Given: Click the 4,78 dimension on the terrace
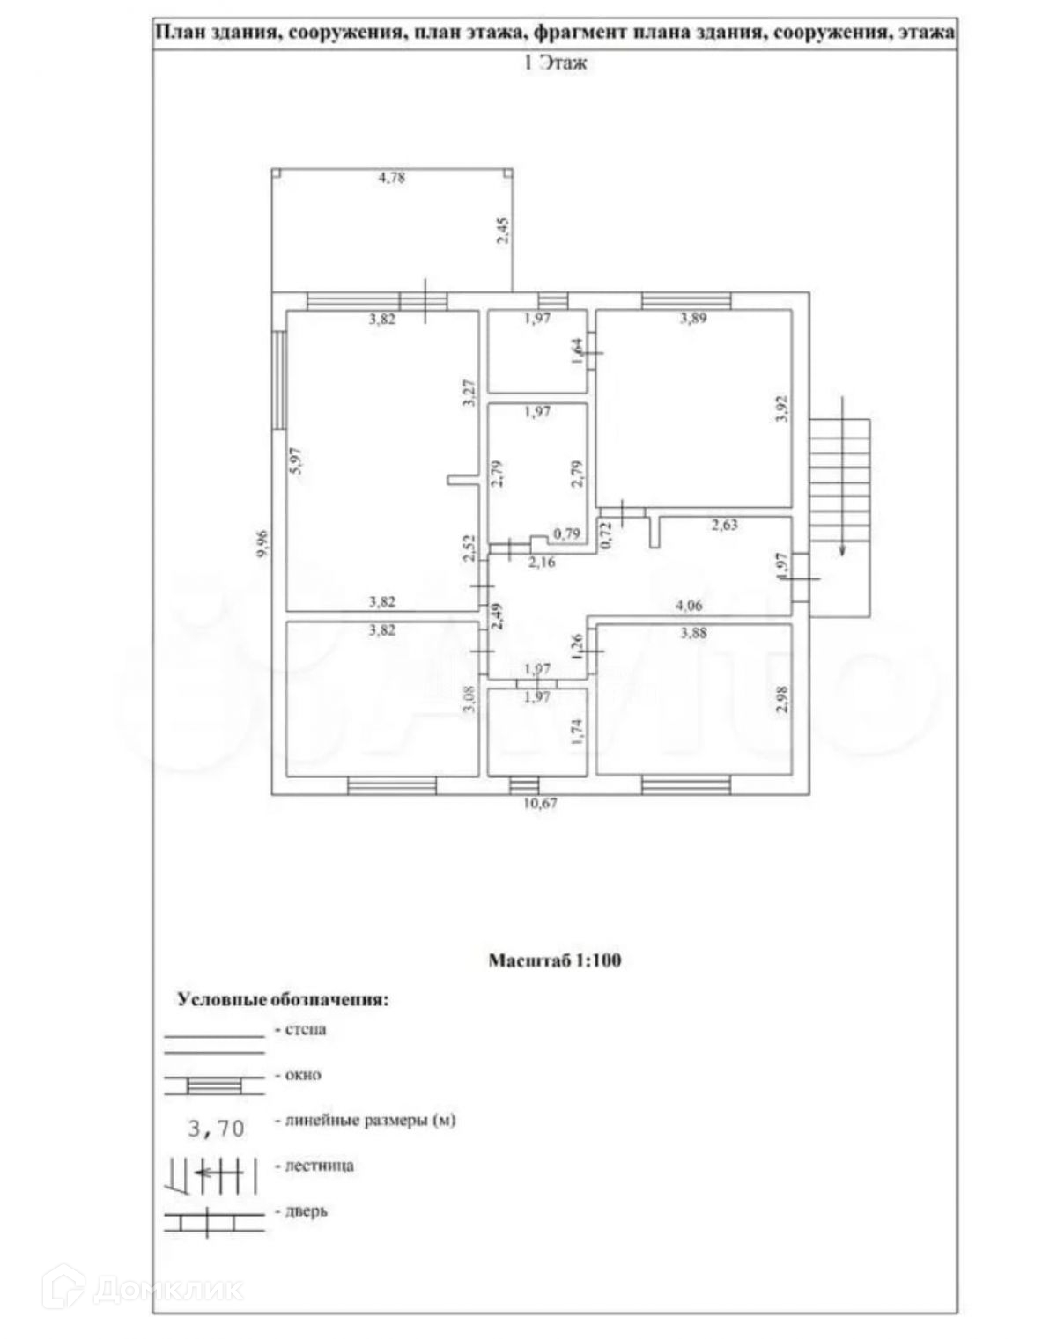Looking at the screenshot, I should [391, 178].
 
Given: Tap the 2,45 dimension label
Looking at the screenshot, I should [502, 230].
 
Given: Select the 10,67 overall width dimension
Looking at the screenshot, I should [541, 803].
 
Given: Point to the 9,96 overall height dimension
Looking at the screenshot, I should [261, 542].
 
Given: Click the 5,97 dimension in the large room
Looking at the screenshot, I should [297, 462].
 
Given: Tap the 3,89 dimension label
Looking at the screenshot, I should [693, 318].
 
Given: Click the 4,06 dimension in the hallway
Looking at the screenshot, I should [689, 605].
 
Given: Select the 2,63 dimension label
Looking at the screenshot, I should [724, 525].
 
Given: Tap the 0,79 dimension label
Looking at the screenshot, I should [566, 533].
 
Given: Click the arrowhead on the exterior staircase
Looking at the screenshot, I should [843, 551].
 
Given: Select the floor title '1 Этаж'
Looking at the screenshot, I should [555, 63].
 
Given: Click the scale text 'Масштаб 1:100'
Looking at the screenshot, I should [555, 960].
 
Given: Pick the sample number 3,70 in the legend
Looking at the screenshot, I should [215, 1128].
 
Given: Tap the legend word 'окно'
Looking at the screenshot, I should [304, 1074].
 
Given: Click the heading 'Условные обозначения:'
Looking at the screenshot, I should [283, 1000].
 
